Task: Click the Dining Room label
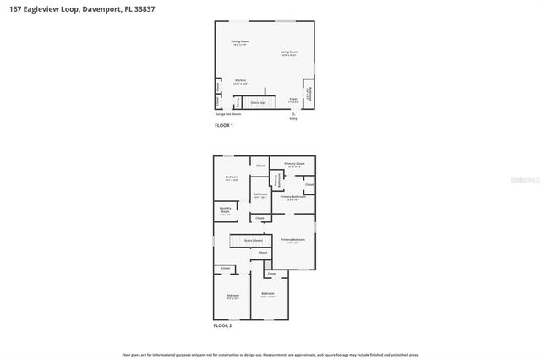[x=240, y=41]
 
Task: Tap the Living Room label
[x=289, y=52]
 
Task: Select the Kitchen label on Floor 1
[x=240, y=81]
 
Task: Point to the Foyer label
[x=292, y=99]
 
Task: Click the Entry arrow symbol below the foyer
[x=293, y=113]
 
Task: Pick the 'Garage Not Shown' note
[x=228, y=113]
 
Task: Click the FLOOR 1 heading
[x=223, y=125]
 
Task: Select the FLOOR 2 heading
[x=222, y=325]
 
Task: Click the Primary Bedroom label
[x=292, y=240]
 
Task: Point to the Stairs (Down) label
[x=253, y=240]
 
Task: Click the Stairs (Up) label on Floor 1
[x=256, y=102]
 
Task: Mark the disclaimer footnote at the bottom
[x=270, y=355]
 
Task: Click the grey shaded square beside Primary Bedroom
[x=268, y=265]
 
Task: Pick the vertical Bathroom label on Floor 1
[x=309, y=93]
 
